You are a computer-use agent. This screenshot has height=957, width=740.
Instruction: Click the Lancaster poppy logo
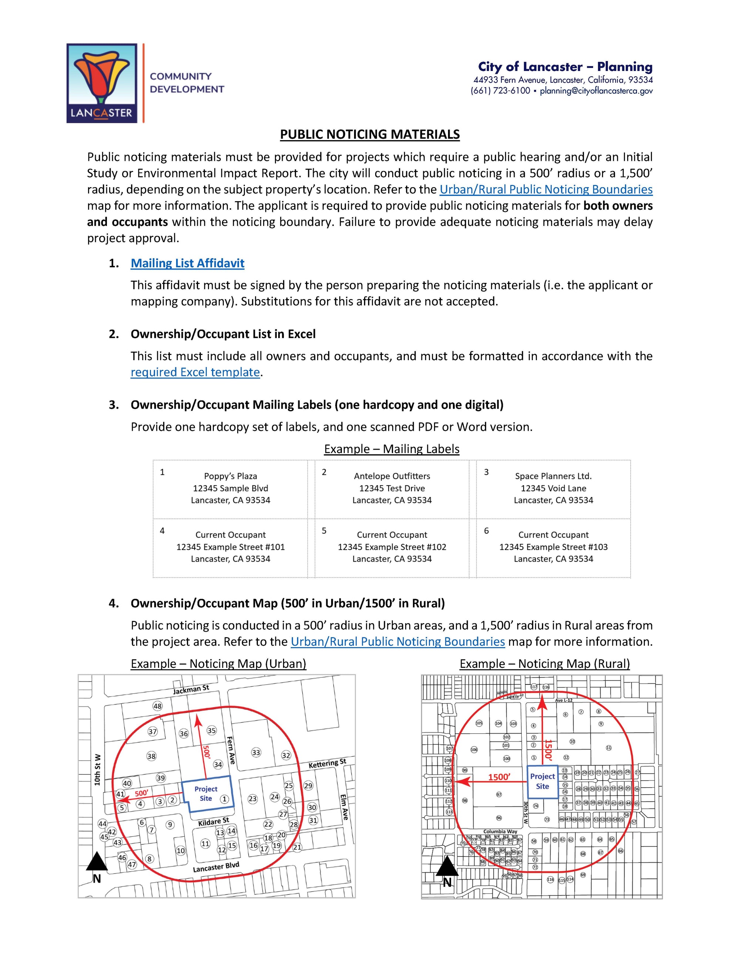click(102, 83)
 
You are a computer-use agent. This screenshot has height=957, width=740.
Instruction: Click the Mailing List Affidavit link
click(187, 263)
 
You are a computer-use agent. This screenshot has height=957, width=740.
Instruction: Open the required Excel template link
click(195, 372)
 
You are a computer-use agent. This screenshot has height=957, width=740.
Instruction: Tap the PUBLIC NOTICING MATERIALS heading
click(370, 134)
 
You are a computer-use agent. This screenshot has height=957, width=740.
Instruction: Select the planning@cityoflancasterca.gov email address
click(596, 91)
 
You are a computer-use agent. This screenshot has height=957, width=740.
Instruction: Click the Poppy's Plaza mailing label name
click(230, 476)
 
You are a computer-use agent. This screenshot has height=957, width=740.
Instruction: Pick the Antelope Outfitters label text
click(392, 476)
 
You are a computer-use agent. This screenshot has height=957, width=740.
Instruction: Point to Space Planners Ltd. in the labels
click(553, 476)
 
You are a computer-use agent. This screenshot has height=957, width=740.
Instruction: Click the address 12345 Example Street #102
click(392, 547)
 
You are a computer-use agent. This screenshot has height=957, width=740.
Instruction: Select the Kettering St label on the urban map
click(327, 764)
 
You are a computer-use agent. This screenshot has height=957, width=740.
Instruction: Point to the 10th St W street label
click(97, 770)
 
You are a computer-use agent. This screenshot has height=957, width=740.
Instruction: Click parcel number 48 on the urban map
click(157, 706)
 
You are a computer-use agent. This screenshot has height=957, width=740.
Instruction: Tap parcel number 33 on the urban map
click(256, 753)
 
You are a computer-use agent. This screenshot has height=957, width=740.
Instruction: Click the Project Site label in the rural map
click(542, 781)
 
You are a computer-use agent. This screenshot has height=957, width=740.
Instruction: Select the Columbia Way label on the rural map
click(500, 831)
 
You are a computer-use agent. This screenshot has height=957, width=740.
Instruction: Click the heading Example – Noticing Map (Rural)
click(545, 663)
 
